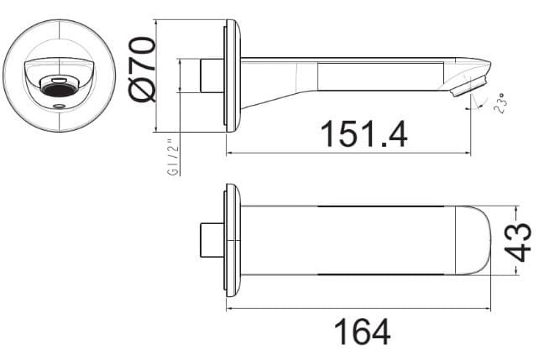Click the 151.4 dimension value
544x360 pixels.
(x=363, y=133)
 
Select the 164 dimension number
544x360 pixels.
(x=362, y=331)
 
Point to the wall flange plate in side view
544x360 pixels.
(x=233, y=77)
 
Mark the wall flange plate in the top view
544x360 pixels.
(x=233, y=241)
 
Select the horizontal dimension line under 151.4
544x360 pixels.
(x=348, y=153)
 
